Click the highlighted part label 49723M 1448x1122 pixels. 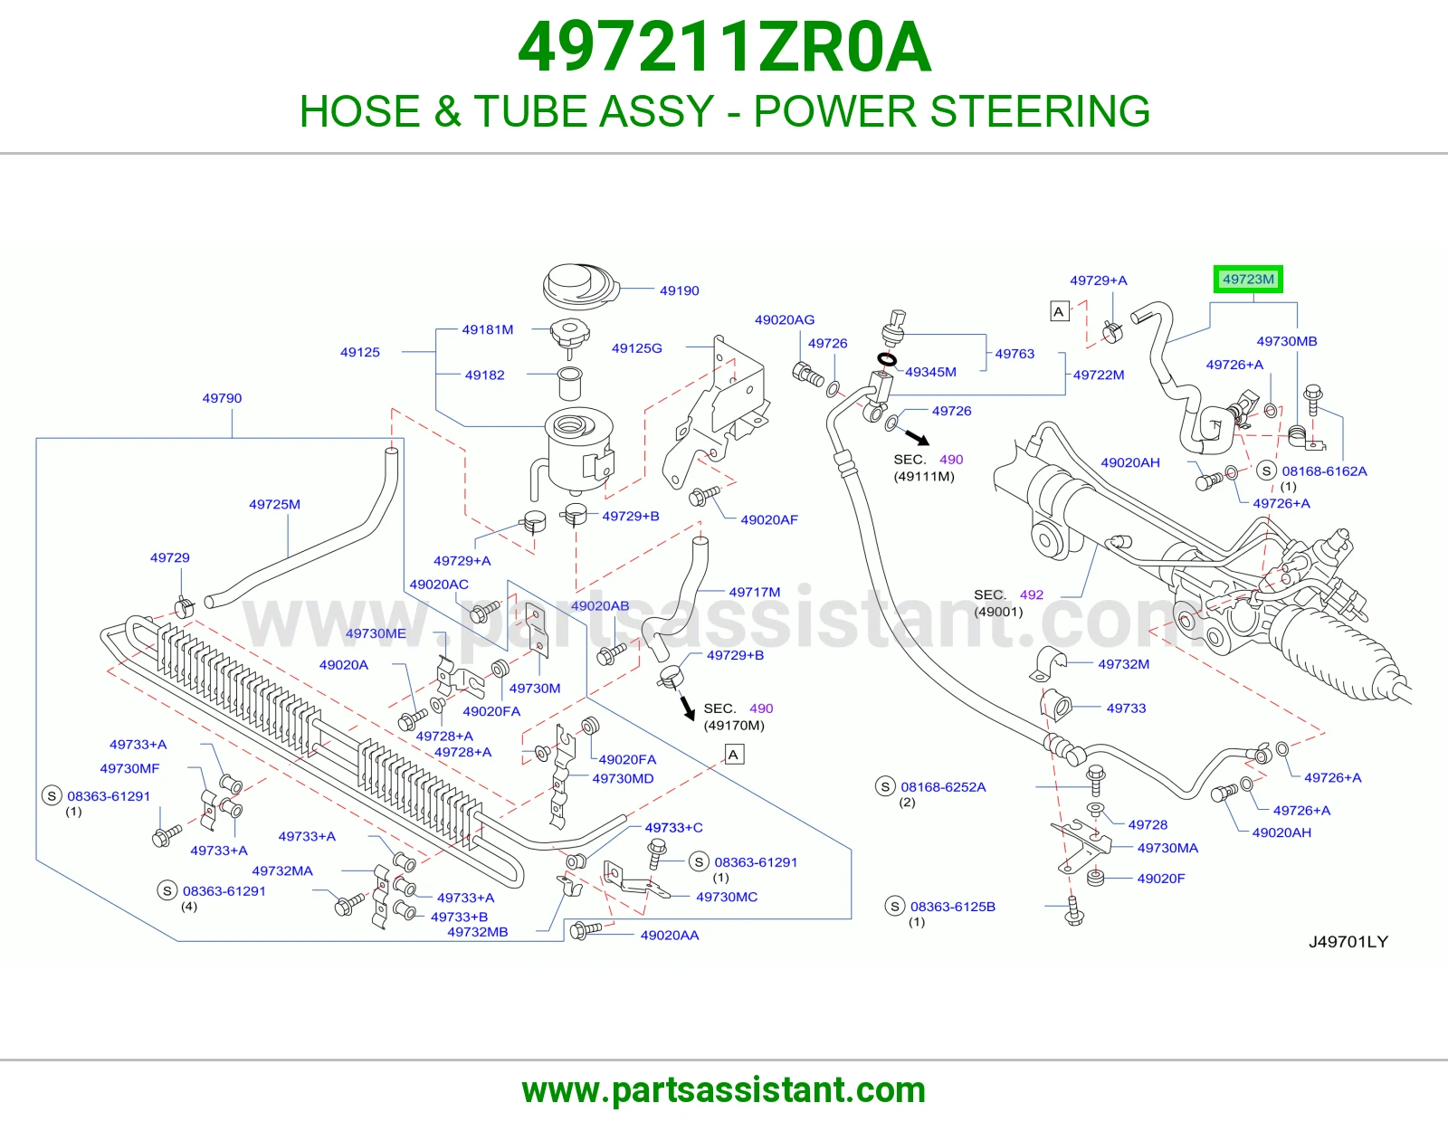[1247, 280]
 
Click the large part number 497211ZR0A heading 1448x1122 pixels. [724, 47]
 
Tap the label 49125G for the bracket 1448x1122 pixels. [636, 348]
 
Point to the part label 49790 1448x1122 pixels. [222, 398]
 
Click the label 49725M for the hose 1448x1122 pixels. [274, 504]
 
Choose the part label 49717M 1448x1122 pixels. [755, 592]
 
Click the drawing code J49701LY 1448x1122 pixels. [1348, 941]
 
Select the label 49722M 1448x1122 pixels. [1099, 376]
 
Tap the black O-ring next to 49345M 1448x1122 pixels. [886, 360]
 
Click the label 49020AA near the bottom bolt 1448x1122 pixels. [670, 936]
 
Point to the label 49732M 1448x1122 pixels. [1123, 664]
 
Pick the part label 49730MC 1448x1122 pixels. [727, 897]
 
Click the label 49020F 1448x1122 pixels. [1161, 878]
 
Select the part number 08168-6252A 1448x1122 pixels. [943, 787]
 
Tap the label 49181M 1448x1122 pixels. [488, 329]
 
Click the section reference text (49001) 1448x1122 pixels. [998, 612]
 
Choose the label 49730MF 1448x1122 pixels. [130, 768]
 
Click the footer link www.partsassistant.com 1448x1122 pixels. [724, 1090]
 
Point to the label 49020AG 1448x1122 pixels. [785, 319]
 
